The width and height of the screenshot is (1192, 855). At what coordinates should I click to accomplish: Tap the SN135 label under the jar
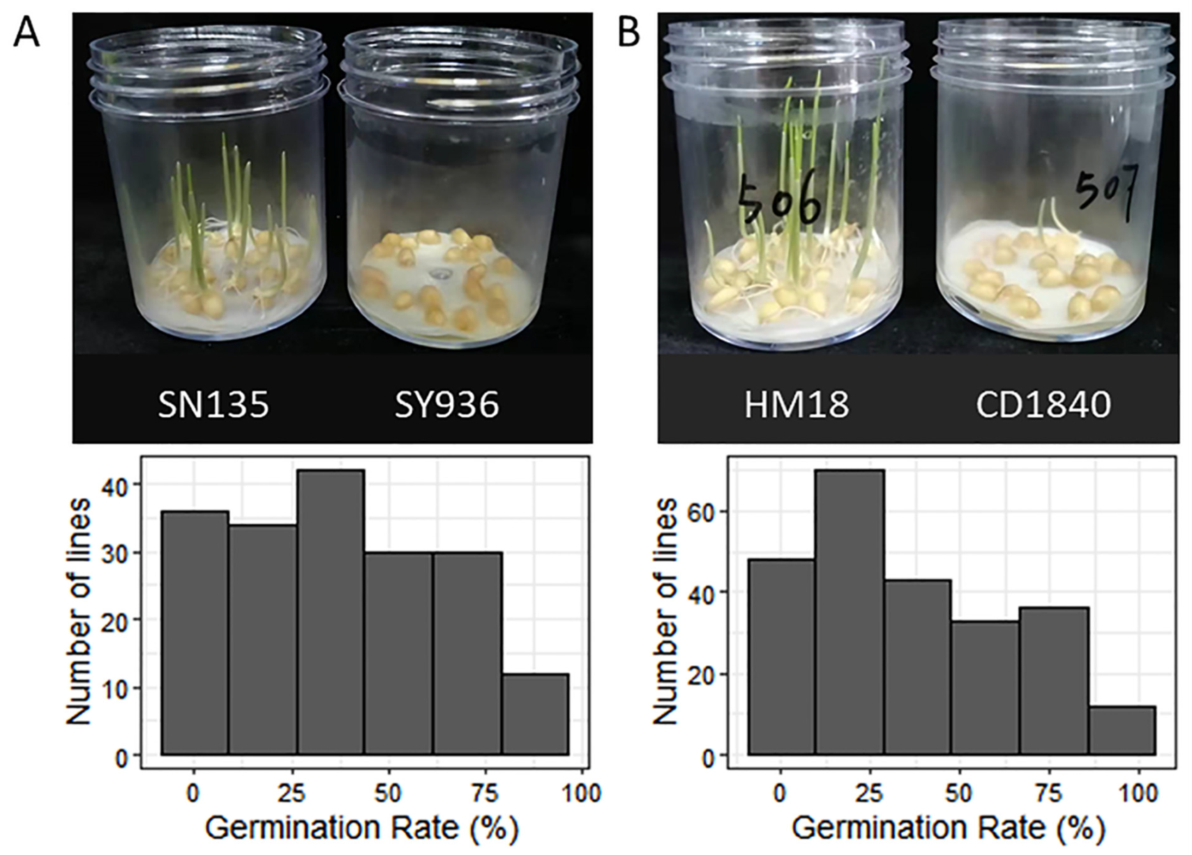pyautogui.click(x=213, y=406)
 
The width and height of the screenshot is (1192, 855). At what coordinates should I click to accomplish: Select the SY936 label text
pyautogui.click(x=447, y=406)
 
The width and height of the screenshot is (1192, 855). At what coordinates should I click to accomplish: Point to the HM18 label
pyautogui.click(x=797, y=406)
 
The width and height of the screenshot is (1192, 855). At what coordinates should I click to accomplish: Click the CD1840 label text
pyautogui.click(x=1043, y=406)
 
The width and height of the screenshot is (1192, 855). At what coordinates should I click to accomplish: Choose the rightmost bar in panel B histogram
pyautogui.click(x=1122, y=731)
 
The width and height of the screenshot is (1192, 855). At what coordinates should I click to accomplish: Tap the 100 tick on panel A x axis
pyautogui.click(x=582, y=794)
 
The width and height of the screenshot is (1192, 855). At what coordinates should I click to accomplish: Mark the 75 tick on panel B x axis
pyautogui.click(x=1048, y=794)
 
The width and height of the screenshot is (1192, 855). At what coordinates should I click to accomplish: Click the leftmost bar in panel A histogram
pyautogui.click(x=195, y=633)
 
